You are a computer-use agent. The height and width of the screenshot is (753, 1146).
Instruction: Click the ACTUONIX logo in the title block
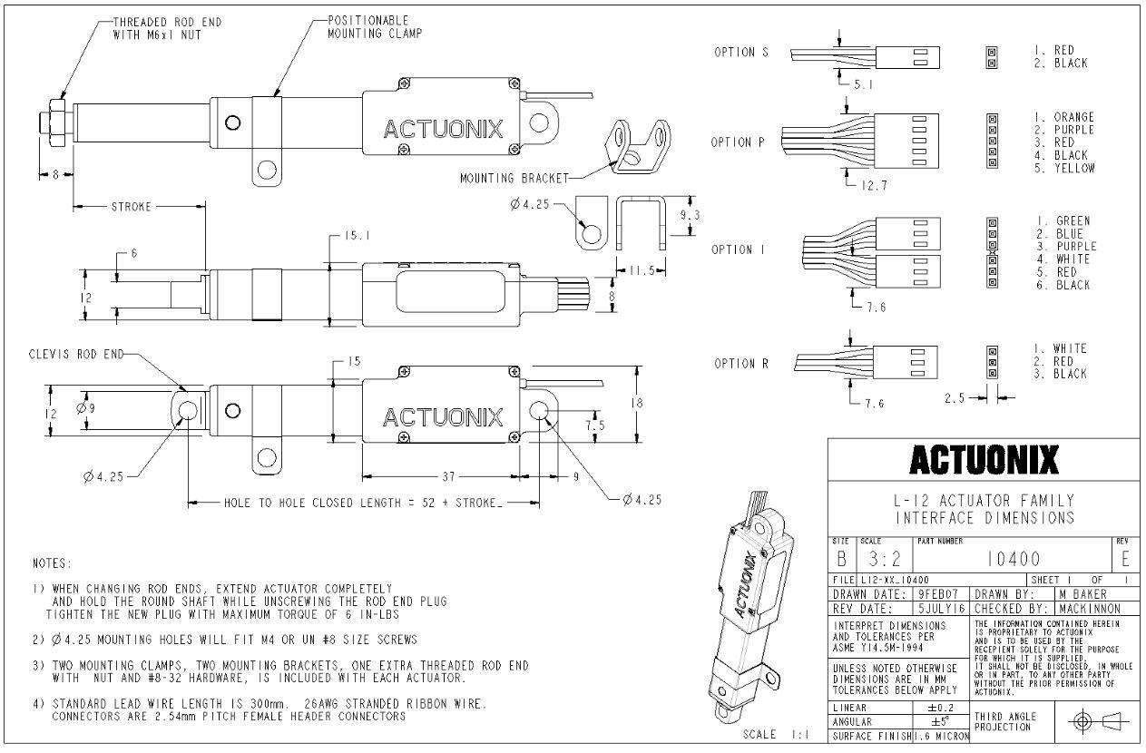pyautogui.click(x=984, y=460)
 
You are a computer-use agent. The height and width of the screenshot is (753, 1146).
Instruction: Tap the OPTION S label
pyautogui.click(x=740, y=53)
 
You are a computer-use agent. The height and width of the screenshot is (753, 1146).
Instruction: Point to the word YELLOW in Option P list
pyautogui.click(x=1073, y=168)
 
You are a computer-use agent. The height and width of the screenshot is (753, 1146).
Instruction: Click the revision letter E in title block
pyautogui.click(x=1125, y=559)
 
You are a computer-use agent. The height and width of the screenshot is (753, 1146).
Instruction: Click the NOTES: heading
pyautogui.click(x=52, y=563)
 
